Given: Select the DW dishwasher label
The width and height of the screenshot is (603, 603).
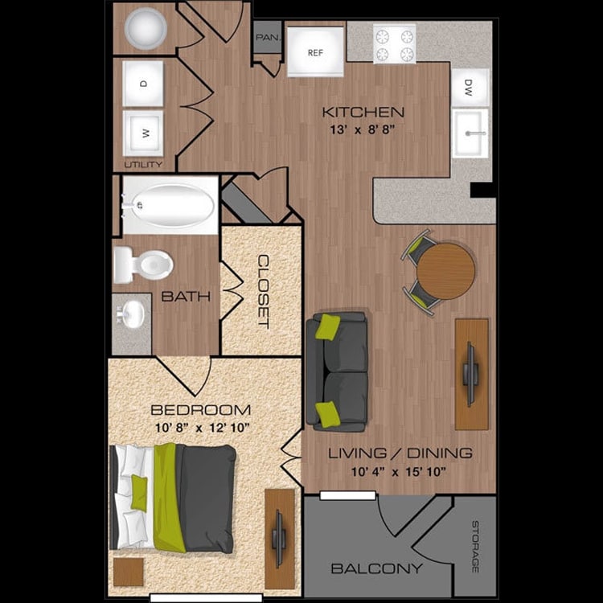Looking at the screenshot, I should click(470, 91).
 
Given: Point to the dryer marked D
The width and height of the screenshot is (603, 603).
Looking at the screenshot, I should click(144, 83).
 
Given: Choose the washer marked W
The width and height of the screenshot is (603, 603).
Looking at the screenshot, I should click(144, 133).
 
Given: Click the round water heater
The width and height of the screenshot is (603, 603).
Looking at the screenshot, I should click(146, 29).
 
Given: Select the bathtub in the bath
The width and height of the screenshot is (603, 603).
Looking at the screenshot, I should click(170, 206).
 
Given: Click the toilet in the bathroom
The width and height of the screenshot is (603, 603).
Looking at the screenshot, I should click(142, 265).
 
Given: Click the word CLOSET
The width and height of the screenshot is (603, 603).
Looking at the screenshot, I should click(263, 291).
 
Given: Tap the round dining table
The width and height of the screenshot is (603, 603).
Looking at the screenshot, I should click(445, 271).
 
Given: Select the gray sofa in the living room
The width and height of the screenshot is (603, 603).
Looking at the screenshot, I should click(337, 369).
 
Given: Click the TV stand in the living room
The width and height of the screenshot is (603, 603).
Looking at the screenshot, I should click(471, 374).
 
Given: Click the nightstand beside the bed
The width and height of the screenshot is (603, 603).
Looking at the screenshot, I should click(128, 572).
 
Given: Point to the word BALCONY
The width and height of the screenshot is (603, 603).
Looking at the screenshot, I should click(376, 568).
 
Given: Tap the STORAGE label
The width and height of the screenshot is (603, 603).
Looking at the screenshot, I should click(474, 546).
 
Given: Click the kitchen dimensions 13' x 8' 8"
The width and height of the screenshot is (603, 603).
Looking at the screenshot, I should click(363, 127).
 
